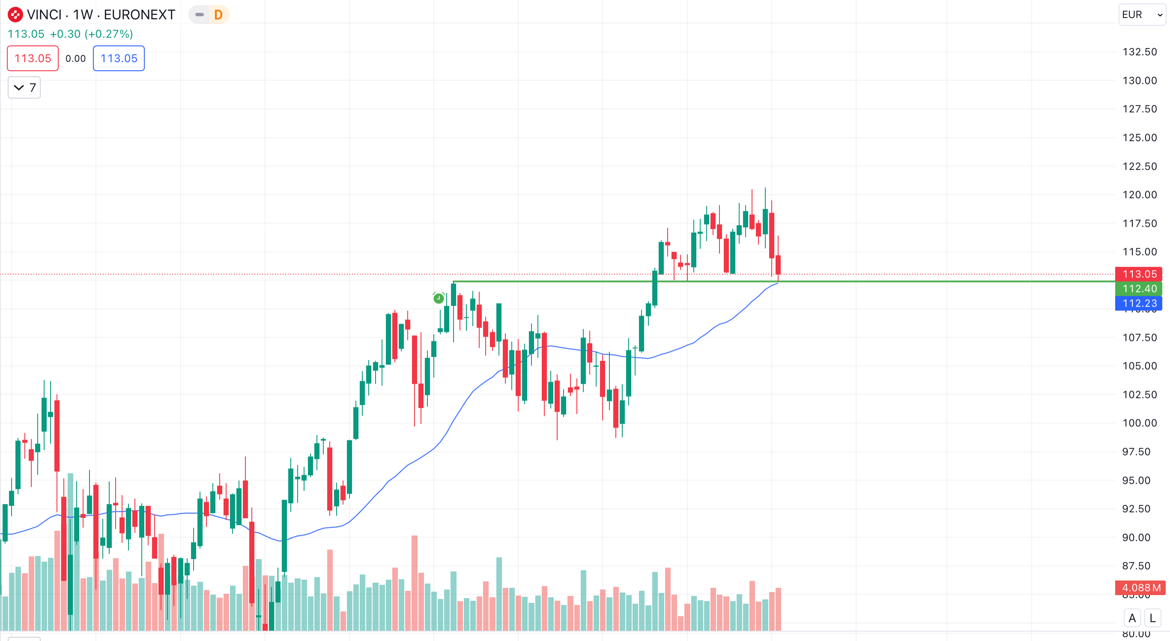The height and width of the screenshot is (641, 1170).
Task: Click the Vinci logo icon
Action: (15, 15)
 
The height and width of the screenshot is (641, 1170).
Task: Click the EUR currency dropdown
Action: (1141, 15)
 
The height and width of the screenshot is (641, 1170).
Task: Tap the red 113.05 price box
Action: (33, 58)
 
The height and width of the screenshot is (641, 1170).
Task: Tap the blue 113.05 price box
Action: (119, 58)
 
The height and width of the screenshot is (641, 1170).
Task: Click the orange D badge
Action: (218, 15)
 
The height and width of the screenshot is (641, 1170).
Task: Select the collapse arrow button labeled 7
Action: (24, 87)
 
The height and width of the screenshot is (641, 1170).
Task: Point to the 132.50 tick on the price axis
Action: (1139, 52)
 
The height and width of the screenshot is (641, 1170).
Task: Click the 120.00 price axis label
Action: (1139, 195)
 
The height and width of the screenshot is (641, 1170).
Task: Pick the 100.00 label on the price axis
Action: (1139, 423)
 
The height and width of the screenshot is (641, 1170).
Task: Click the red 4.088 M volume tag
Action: (1140, 588)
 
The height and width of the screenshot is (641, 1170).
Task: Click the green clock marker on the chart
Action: (438, 298)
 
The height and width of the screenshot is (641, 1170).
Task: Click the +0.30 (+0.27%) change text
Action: (91, 34)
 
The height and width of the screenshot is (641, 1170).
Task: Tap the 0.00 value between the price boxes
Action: (75, 58)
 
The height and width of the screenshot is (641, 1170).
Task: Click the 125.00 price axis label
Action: (1139, 138)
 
